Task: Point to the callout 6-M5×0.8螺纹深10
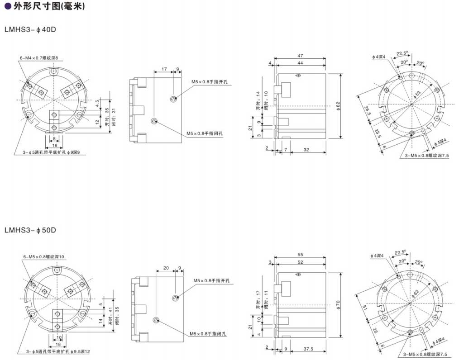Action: pos(44,257)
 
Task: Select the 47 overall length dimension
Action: pos(300,56)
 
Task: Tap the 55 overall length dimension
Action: pos(300,256)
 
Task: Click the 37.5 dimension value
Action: pos(308,349)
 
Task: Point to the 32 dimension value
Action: pos(306,150)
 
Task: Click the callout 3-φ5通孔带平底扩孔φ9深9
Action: pos(53,152)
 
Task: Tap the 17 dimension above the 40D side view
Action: pos(163,69)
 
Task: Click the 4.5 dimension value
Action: pos(97,104)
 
